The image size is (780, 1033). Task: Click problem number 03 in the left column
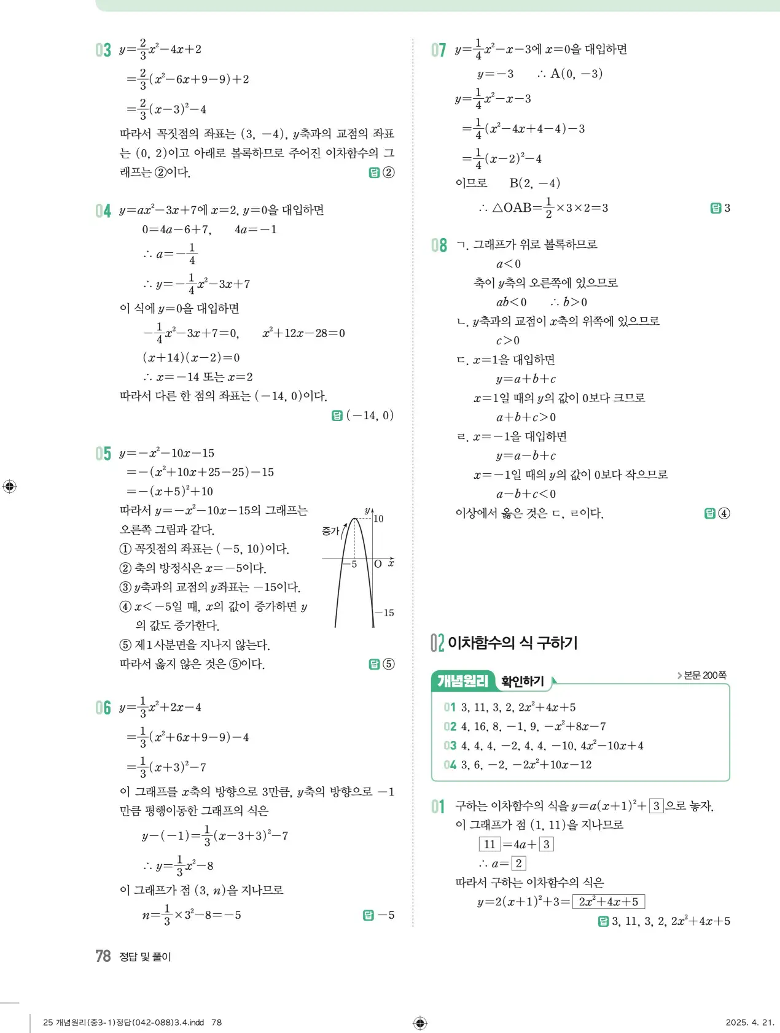(x=103, y=50)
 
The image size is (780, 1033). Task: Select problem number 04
(x=103, y=211)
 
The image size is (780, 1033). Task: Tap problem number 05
(x=103, y=454)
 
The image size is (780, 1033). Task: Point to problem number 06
(x=103, y=708)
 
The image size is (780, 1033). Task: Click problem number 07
(x=439, y=50)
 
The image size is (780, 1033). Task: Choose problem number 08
(x=439, y=246)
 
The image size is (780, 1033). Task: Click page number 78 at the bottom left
(x=103, y=956)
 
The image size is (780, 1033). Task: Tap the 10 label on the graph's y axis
(x=378, y=519)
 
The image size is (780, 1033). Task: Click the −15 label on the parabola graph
(x=384, y=613)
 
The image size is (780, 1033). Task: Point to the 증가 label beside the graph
(x=330, y=530)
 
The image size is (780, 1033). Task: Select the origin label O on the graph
(x=378, y=564)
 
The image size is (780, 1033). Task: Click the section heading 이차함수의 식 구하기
(x=512, y=643)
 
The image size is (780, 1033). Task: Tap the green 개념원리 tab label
(x=462, y=681)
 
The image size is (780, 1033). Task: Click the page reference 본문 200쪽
(x=704, y=675)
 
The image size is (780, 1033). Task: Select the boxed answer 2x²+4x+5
(x=608, y=902)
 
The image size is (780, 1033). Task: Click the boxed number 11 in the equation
(x=489, y=844)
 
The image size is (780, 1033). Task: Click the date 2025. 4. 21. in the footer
(x=749, y=1022)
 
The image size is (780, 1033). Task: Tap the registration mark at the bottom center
(x=420, y=1023)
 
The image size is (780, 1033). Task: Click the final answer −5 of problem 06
(x=386, y=915)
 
